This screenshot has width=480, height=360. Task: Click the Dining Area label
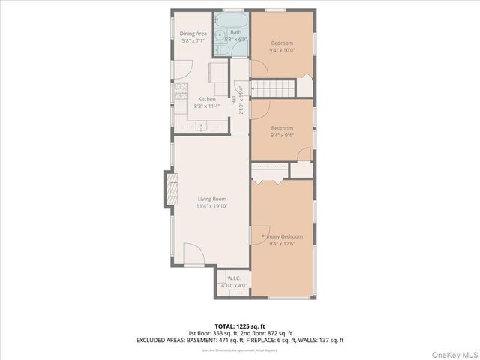click(x=194, y=34)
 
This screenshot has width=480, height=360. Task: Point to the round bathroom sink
click(x=220, y=34)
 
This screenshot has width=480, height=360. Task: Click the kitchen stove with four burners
click(x=181, y=92)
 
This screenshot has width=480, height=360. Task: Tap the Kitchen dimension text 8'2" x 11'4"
click(x=206, y=107)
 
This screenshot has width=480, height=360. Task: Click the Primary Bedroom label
click(x=282, y=236)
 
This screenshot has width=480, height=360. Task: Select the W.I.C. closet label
click(x=233, y=278)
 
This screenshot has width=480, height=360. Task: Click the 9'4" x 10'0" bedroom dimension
click(x=282, y=51)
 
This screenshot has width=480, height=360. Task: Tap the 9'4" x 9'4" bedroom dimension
click(x=282, y=136)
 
